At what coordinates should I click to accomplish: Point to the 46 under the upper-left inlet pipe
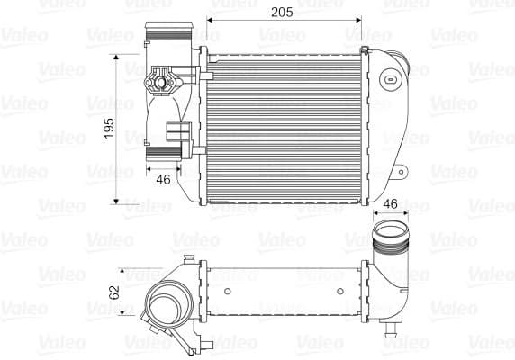163,179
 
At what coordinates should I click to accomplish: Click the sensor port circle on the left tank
163,82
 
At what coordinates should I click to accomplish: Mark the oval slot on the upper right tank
391,80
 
